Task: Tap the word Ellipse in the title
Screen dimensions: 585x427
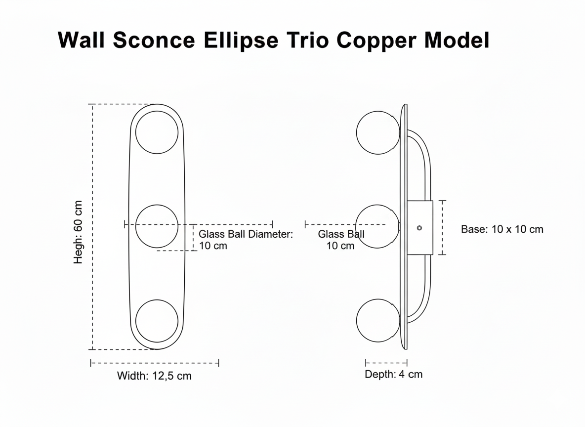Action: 241,40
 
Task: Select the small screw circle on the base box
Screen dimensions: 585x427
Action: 419,228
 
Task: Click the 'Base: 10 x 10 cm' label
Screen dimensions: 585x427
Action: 502,229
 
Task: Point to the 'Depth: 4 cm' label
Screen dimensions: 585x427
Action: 394,374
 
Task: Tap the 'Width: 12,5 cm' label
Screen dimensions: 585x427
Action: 154,376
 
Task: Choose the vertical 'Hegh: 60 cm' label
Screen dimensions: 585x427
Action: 78,232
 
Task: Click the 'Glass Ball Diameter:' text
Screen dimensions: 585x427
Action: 246,234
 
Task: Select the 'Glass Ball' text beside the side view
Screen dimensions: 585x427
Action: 341,234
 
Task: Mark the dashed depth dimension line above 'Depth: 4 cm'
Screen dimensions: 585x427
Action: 386,362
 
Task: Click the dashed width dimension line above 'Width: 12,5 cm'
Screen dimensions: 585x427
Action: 155,363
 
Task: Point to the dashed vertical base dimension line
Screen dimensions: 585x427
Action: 442,228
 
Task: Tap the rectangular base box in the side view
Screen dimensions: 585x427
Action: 419,228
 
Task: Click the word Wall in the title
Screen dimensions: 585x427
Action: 81,40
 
